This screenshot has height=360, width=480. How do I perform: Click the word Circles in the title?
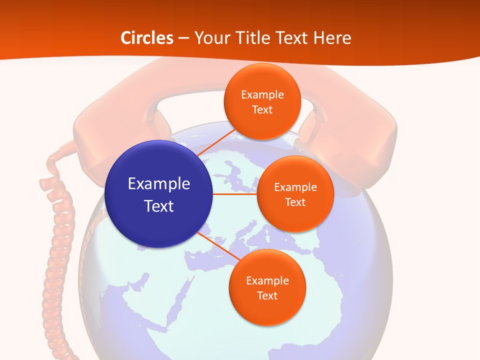(147, 38)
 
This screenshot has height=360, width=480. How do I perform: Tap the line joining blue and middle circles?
(234, 194)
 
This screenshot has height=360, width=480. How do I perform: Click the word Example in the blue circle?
(159, 184)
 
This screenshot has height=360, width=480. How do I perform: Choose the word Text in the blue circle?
(159, 206)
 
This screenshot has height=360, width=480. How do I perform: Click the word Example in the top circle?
(262, 95)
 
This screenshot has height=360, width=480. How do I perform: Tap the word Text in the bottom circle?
(267, 296)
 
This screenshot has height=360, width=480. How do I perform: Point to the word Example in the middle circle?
(295, 187)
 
